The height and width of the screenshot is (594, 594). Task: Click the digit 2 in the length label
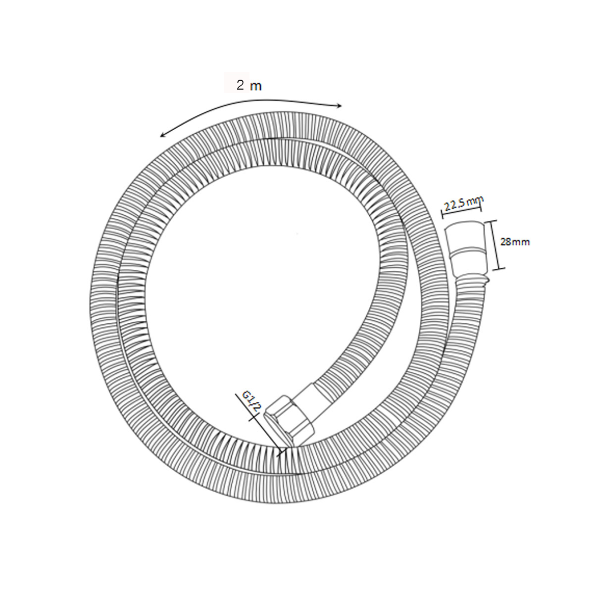click(x=240, y=85)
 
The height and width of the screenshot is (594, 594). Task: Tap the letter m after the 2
click(x=256, y=87)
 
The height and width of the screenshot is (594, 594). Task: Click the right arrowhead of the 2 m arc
click(x=340, y=106)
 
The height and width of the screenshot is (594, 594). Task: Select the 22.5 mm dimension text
click(x=464, y=204)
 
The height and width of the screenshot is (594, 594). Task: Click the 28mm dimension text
click(x=515, y=242)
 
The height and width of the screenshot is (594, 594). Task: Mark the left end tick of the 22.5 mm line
click(x=443, y=215)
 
